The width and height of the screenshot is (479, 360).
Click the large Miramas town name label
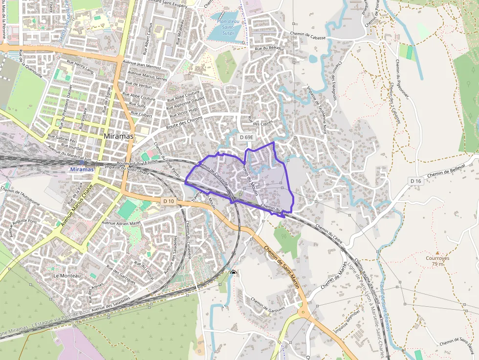(x=119, y=136)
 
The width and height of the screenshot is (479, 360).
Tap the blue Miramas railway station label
(x=82, y=169)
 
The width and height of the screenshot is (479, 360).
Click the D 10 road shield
(x=169, y=201)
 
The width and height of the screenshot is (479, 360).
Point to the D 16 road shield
(x=415, y=181)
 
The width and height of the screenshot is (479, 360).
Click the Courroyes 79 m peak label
(x=437, y=261)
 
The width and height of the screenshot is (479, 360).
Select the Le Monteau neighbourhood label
(x=67, y=276)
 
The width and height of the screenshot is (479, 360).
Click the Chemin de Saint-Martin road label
(x=281, y=266)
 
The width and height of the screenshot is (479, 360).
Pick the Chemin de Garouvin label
(x=267, y=303)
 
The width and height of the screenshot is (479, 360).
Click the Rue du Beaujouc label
(x=269, y=48)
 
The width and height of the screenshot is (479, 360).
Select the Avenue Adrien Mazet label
(x=121, y=223)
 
